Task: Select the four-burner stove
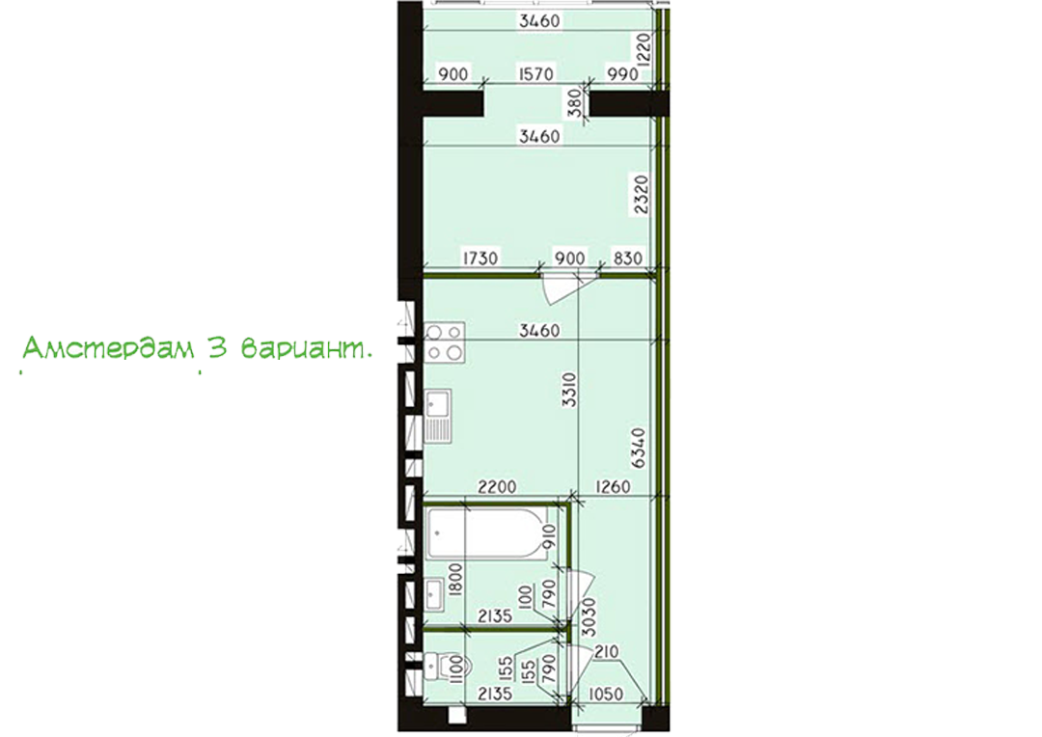point(445,342)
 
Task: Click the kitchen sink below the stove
point(439,416)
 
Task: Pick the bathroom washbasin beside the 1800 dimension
point(435,594)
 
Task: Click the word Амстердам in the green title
point(109,348)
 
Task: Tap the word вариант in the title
point(302,349)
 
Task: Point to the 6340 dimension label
point(638,448)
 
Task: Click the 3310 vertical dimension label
point(570,390)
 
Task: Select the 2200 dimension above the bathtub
point(497,487)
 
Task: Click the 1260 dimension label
point(613,487)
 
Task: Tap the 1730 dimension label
point(480,258)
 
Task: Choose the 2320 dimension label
point(640,194)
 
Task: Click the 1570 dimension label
point(535,73)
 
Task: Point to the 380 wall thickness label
point(575,103)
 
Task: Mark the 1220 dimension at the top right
point(643,48)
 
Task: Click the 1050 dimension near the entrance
point(606,695)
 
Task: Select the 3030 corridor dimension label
point(589,616)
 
